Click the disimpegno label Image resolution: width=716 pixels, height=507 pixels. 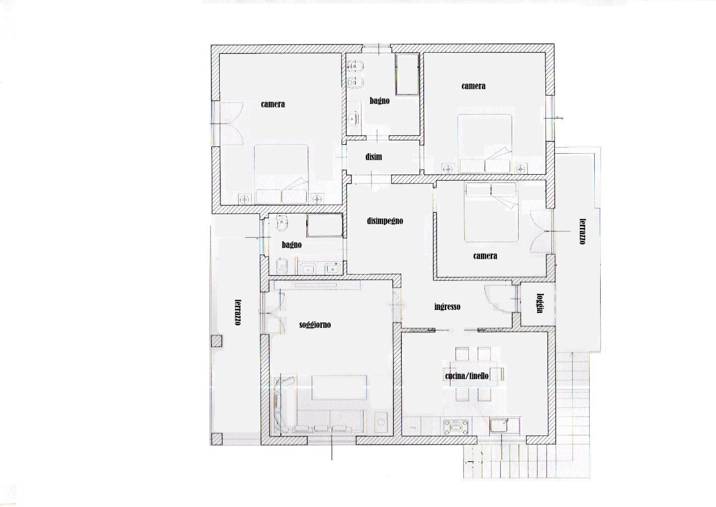coord(385,221)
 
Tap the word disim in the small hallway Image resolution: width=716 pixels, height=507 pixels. coord(373,157)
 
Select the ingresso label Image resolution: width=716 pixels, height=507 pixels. coord(447,307)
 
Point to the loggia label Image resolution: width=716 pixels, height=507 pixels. coord(539,303)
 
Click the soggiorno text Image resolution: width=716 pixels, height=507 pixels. coord(315,325)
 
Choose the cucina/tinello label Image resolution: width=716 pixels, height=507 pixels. coord(467,376)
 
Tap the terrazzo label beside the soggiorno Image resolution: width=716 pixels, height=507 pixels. coord(237,312)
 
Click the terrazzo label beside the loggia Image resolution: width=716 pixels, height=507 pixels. coord(582,231)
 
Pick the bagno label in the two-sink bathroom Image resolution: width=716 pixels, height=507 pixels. coord(291,245)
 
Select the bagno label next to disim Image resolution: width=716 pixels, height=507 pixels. coord(379,101)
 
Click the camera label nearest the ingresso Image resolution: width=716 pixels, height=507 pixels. coord(485,256)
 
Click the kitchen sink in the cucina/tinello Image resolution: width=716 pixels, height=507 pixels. coord(500,426)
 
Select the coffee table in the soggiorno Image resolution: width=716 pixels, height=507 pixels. coord(339,388)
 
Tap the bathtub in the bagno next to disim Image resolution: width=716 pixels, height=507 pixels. coord(407,74)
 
